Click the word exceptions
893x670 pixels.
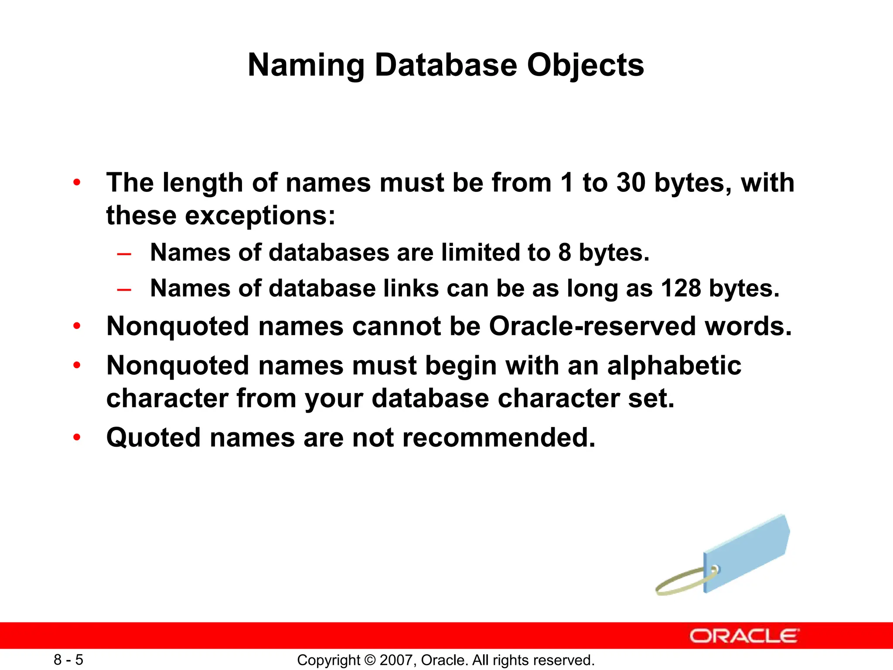point(260,215)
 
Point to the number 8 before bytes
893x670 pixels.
point(565,253)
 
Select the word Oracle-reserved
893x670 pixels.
point(592,326)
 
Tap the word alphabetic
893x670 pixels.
point(674,365)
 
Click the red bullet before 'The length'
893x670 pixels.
point(77,182)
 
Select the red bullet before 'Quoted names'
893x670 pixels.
point(77,438)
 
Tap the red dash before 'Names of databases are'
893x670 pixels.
point(124,254)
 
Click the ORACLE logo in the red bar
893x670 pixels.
point(744,636)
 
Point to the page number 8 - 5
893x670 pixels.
point(68,660)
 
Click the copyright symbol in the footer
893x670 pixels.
point(370,660)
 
